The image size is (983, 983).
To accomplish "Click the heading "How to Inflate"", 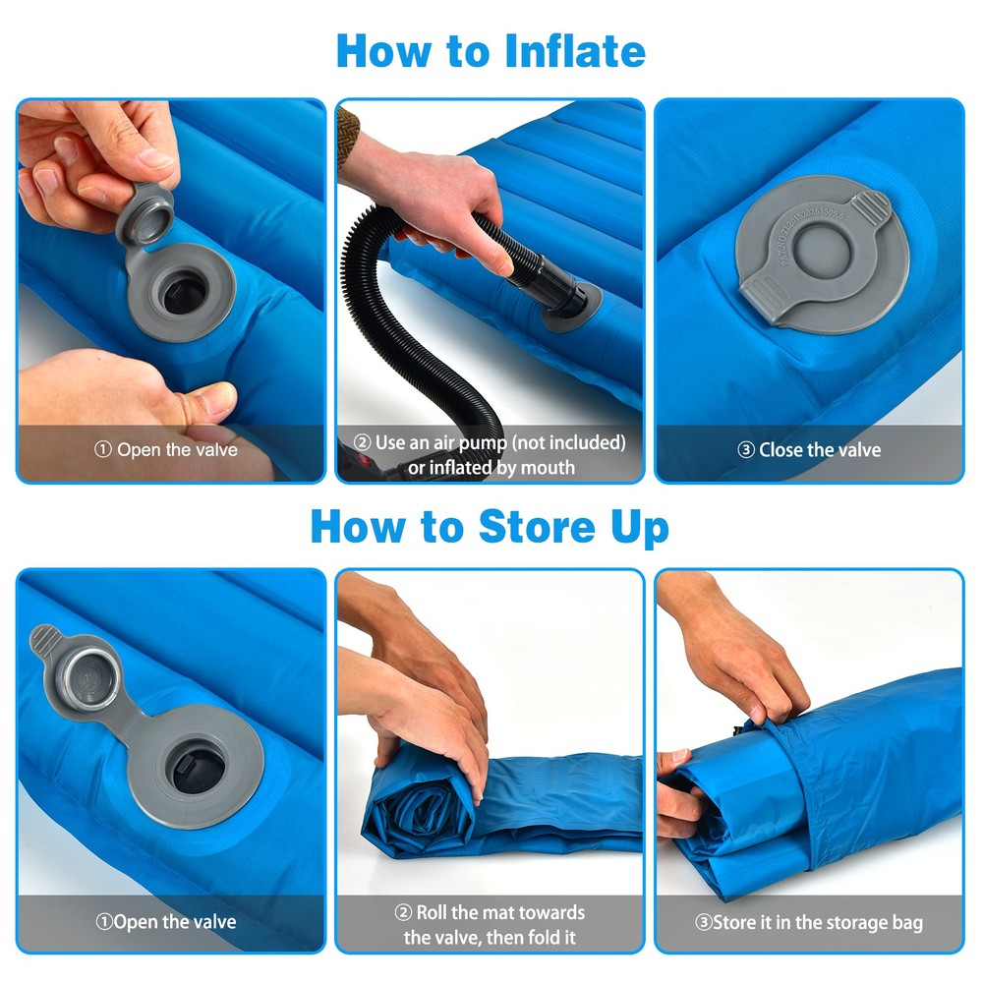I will click(491, 50).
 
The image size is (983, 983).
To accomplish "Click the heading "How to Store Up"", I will click(490, 527).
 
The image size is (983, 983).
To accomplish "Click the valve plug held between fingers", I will click(145, 208).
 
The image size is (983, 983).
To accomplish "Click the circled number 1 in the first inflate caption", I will click(103, 450).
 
